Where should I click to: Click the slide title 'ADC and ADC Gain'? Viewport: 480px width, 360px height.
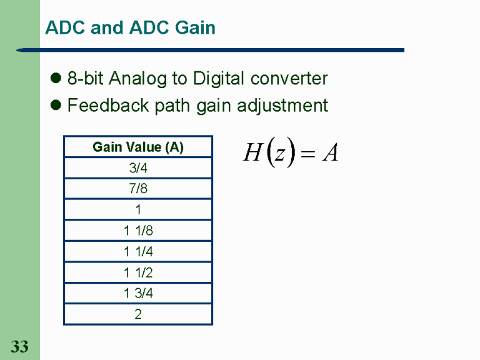130,28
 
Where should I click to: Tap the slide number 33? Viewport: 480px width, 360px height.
19,346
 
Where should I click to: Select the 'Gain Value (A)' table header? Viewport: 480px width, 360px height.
138,147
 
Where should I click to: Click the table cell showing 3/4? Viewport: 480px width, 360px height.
138,168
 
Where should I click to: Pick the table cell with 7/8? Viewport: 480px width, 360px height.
138,189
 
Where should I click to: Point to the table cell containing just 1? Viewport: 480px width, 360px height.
138,210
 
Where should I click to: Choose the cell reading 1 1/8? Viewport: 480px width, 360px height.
138,231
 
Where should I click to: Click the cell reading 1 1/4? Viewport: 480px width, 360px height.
138,252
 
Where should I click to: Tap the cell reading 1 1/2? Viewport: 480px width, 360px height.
138,272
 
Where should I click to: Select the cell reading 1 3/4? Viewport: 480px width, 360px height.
138,293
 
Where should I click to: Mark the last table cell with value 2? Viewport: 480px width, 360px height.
138,314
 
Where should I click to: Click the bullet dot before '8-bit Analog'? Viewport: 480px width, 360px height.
55,79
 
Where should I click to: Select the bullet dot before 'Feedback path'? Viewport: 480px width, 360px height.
55,106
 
